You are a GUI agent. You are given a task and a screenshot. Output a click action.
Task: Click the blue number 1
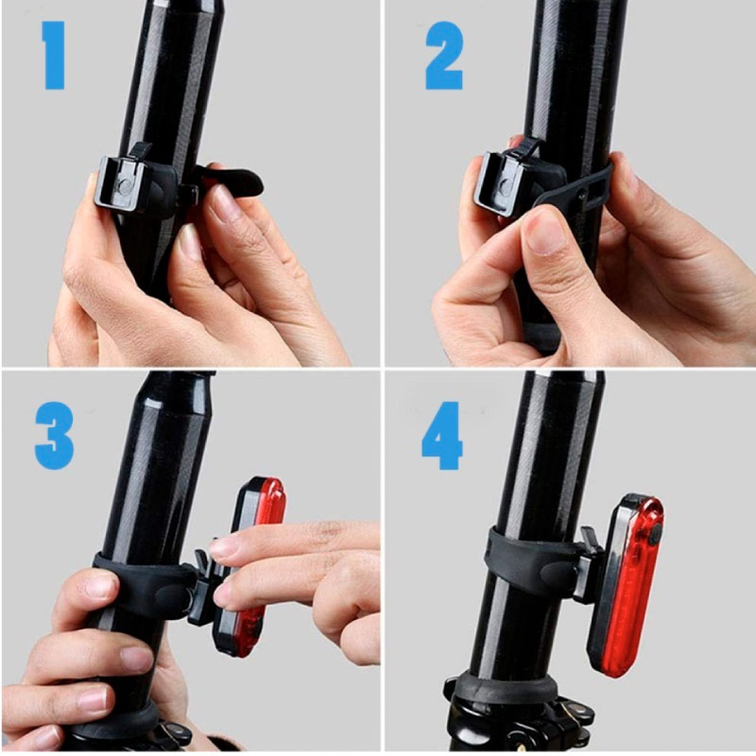[x=53, y=56]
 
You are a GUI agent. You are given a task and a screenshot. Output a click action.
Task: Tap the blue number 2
[x=444, y=56]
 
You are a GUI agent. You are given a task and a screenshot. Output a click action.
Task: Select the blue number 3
[x=54, y=437]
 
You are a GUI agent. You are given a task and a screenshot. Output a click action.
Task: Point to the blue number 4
[x=441, y=437]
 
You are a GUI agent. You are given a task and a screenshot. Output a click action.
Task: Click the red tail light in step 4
[x=627, y=584]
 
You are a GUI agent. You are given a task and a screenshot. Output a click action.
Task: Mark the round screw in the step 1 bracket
[x=125, y=184]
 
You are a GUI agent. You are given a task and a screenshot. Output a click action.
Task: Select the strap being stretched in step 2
[x=574, y=188]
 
